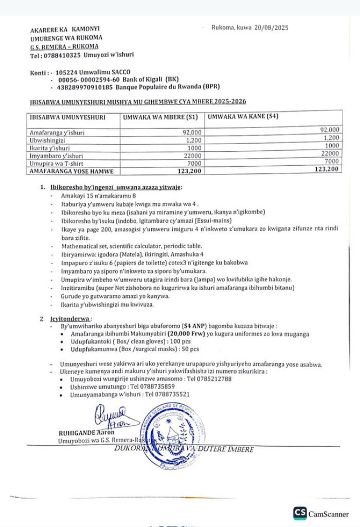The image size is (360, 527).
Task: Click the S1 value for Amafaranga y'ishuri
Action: click(x=192, y=133)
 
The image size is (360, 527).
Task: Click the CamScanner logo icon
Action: click(x=300, y=514)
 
